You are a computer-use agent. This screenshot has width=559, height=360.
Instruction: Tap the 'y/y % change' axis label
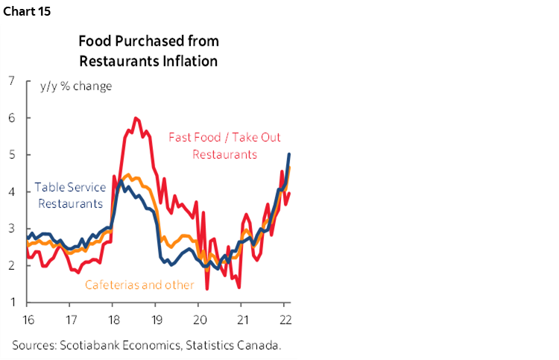click(76, 86)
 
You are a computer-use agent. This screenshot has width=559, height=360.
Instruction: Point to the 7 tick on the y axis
click(11, 80)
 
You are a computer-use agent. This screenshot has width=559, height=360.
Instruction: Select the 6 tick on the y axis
click(11, 118)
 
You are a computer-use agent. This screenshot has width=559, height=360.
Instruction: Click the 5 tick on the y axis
click(11, 155)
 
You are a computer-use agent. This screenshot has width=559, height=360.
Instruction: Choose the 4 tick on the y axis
click(11, 192)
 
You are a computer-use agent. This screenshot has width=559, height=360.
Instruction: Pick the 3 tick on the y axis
click(11, 229)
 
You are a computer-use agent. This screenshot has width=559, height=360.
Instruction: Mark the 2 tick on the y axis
click(11, 266)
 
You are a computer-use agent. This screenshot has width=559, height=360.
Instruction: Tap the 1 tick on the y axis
click(11, 303)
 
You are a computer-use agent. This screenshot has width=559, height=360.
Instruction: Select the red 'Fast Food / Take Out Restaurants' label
click(224, 146)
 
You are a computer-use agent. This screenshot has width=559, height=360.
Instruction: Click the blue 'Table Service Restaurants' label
click(69, 196)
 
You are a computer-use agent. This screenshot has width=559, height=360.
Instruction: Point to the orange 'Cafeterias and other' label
click(139, 285)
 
